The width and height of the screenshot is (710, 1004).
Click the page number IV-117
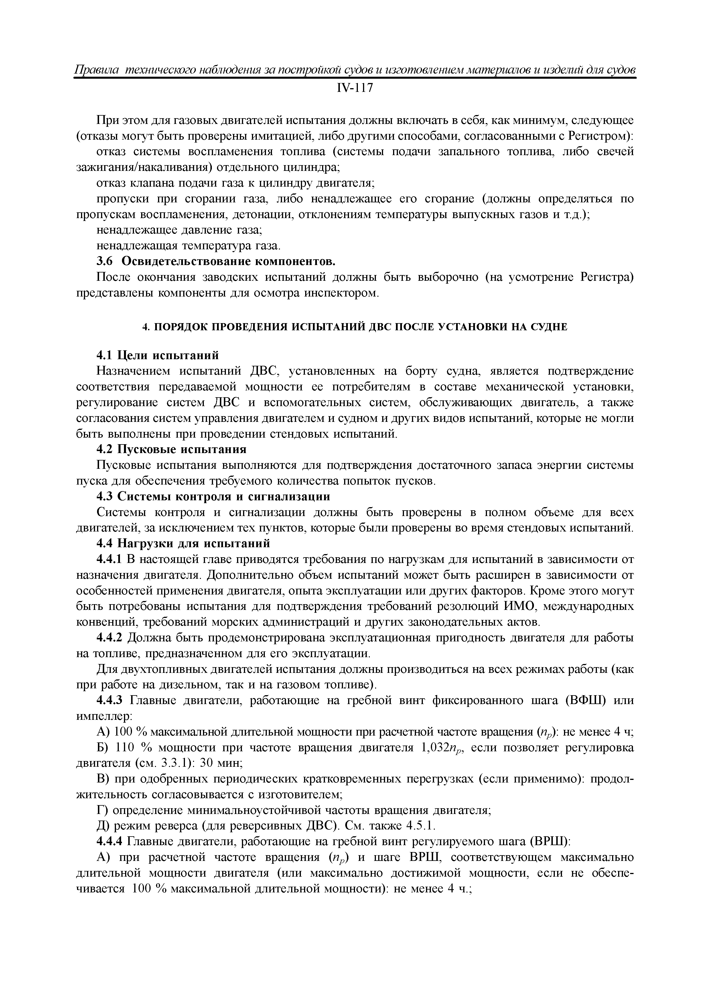click(x=355, y=88)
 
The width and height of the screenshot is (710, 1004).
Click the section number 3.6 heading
click(x=104, y=262)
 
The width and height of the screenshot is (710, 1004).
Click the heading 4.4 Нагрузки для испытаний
click(x=183, y=543)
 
